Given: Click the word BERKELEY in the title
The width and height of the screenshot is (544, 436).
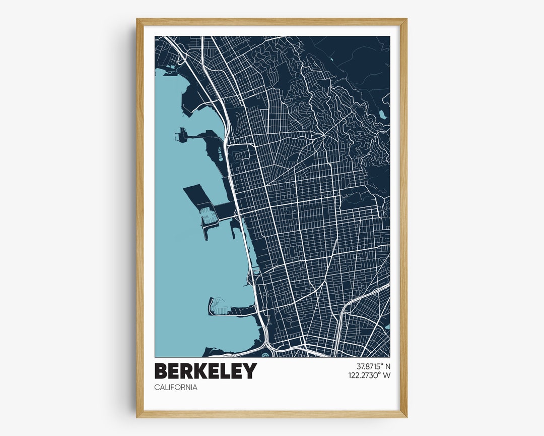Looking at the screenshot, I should click(x=206, y=371).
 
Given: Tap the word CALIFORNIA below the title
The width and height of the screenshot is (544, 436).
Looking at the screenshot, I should click(x=176, y=388).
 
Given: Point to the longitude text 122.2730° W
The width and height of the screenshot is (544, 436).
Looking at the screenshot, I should click(x=369, y=375).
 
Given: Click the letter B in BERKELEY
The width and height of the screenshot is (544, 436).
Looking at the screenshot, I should click(x=162, y=371).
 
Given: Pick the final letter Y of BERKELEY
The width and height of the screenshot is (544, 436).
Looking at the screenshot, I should click(x=250, y=371).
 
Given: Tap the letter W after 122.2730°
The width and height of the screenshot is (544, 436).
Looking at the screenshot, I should click(x=386, y=375).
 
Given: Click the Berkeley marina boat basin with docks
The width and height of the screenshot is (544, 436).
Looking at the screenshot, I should click(x=209, y=216).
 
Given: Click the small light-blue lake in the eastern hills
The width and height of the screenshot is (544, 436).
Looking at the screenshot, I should click(x=383, y=115).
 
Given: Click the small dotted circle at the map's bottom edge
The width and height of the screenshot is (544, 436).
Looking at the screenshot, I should click(x=265, y=354).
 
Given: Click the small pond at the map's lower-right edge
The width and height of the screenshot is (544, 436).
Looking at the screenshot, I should click(x=387, y=327).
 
